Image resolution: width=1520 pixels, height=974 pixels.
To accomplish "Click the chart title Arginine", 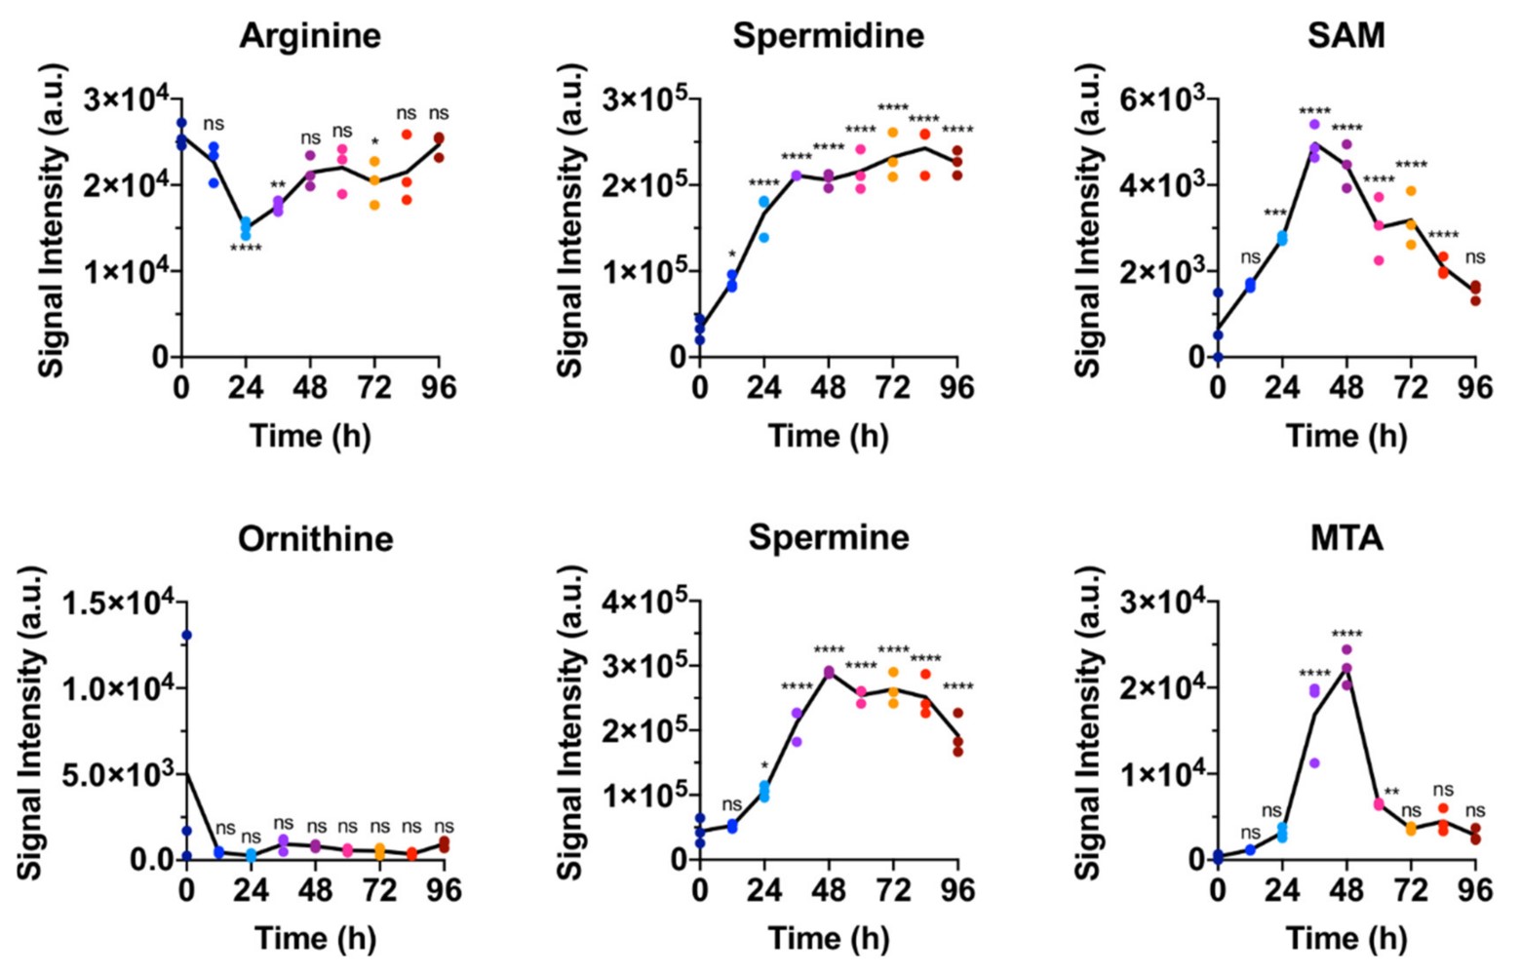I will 310,35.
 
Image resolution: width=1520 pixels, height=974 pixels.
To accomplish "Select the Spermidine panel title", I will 828,35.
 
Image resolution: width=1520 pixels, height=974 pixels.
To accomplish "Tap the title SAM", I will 1345,35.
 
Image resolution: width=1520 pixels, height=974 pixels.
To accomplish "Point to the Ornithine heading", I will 315,538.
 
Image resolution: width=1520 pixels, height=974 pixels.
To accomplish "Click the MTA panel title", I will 1345,538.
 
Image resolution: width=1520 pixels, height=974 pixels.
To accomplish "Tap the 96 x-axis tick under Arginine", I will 439,388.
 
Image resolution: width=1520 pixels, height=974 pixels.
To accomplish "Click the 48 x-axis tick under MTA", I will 1345,890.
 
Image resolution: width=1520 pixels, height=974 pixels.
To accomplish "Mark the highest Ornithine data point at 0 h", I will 186,635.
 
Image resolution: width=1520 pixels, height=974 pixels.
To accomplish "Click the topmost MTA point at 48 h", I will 1346,649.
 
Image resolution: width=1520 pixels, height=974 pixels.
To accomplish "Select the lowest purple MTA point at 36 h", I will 1314,762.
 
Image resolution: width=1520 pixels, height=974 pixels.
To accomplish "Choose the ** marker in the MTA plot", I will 1391,792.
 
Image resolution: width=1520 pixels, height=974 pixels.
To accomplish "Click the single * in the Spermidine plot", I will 732,256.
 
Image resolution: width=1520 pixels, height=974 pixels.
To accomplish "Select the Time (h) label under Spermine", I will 828,939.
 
